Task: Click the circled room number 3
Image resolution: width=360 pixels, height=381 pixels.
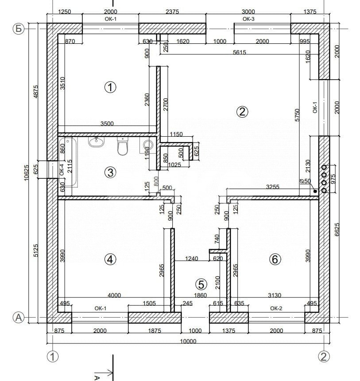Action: (x=110, y=172)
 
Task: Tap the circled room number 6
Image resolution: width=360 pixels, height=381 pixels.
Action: (x=275, y=259)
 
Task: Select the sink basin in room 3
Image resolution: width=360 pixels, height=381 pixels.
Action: (x=96, y=142)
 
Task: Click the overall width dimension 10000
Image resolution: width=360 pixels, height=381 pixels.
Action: (x=188, y=341)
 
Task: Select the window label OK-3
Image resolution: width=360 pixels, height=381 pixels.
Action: (x=248, y=19)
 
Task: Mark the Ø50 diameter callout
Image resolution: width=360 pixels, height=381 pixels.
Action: (x=305, y=181)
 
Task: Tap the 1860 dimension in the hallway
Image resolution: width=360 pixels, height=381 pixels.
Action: (x=202, y=295)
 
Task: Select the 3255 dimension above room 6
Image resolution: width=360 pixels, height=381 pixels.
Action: (x=272, y=187)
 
